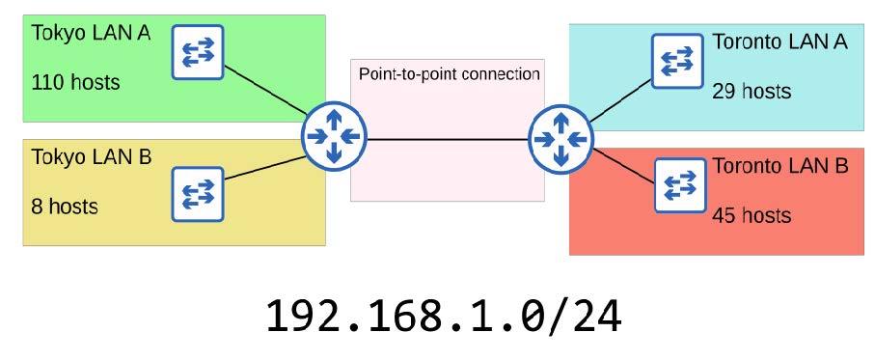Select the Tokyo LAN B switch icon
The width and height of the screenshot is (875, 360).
197,193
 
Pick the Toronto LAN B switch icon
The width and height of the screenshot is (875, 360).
680,184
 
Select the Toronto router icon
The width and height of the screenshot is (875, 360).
561,139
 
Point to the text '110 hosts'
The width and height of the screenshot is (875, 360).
76,82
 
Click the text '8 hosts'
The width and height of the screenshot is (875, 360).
66,206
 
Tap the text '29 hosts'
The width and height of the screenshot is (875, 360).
752,92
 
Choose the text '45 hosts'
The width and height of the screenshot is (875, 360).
752,215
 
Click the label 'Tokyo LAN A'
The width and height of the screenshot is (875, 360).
91,33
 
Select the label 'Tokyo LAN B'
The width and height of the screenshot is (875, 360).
92,156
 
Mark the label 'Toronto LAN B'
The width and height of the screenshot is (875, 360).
779,166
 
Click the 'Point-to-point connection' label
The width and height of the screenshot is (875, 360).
449,74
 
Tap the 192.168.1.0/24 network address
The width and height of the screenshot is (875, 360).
444,316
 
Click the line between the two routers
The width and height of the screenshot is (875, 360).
447,139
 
